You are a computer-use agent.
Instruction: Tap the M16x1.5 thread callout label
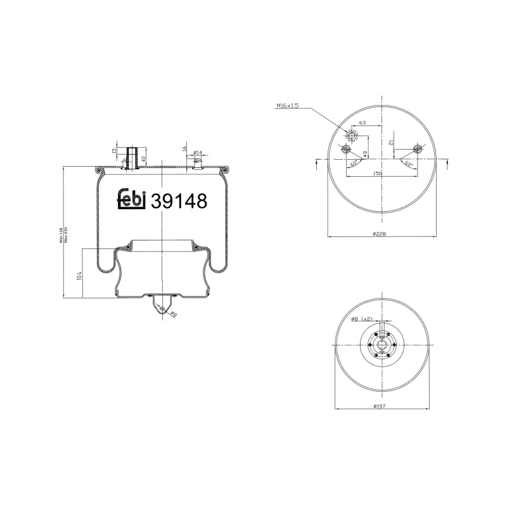point(288,106)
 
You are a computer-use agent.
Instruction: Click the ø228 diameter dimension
point(379,233)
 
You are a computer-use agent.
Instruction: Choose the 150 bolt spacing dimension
point(378,172)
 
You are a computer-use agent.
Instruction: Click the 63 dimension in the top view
point(363,122)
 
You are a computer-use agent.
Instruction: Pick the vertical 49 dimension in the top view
point(366,153)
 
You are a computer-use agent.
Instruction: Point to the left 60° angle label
point(353,163)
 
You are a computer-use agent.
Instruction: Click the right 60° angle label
point(408,163)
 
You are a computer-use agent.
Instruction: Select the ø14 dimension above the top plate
point(198,152)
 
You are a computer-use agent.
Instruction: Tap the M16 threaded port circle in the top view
point(352,135)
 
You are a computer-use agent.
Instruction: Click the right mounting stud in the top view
point(417,150)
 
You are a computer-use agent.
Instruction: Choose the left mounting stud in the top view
point(345,150)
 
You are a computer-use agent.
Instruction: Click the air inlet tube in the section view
point(132,158)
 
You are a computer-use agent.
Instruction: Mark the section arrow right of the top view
point(448,164)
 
